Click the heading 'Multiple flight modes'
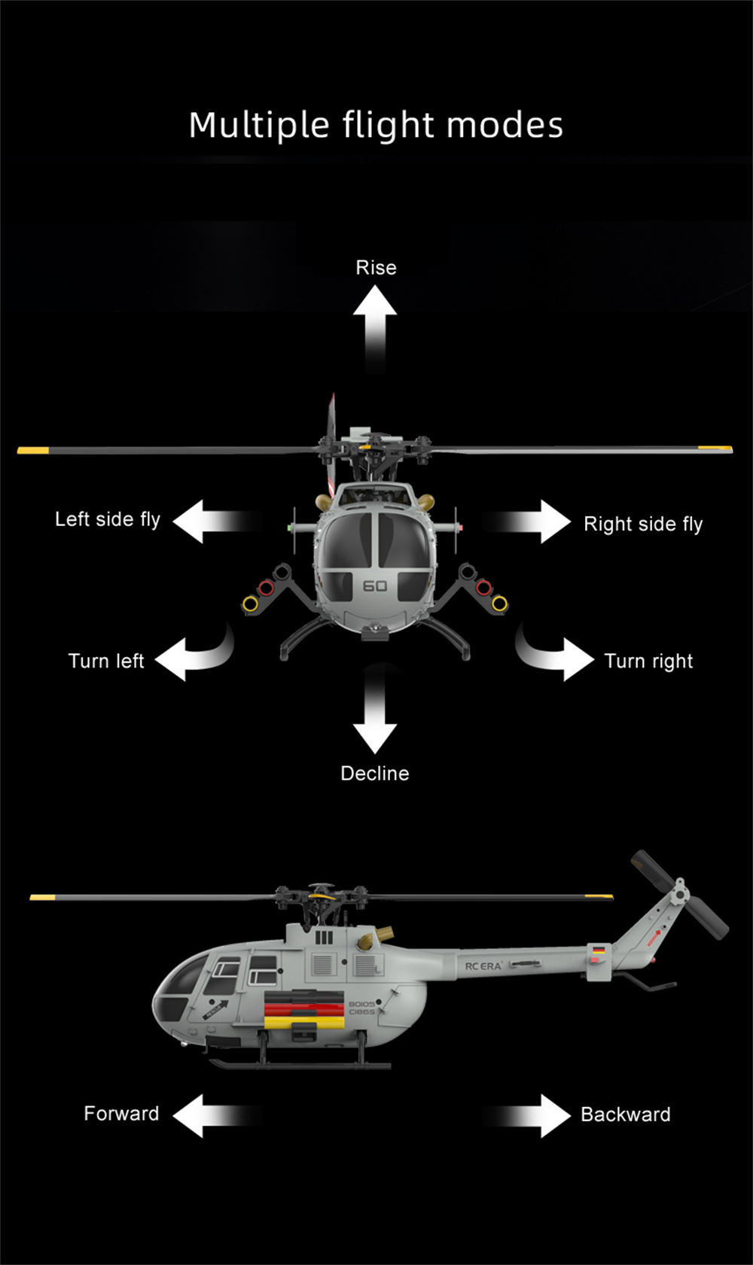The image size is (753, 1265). pyautogui.click(x=376, y=126)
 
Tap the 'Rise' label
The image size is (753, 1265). pyautogui.click(x=376, y=268)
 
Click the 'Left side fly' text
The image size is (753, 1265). pyautogui.click(x=108, y=519)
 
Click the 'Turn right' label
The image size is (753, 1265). pyautogui.click(x=648, y=661)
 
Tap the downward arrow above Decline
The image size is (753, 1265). pyautogui.click(x=375, y=715)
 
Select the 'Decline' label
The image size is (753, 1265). pyautogui.click(x=375, y=774)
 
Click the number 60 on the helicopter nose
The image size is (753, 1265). pyautogui.click(x=375, y=585)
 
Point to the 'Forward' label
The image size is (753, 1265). pyautogui.click(x=121, y=1114)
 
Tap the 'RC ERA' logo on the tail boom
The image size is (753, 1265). pyautogui.click(x=483, y=966)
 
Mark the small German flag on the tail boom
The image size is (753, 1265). pyautogui.click(x=599, y=950)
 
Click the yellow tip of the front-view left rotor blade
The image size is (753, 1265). pyautogui.click(x=33, y=450)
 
